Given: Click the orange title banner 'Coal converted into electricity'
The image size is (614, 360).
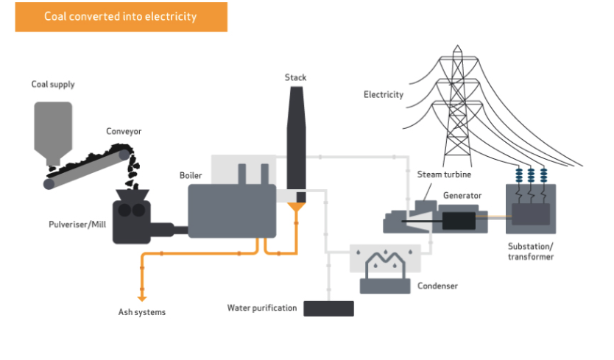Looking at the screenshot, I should [121, 16].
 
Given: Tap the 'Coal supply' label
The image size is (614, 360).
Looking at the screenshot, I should [52, 85].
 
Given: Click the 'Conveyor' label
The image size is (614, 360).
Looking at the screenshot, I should [124, 131].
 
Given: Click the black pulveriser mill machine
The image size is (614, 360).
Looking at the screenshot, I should [133, 218].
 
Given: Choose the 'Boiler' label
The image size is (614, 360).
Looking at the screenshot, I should [191, 175].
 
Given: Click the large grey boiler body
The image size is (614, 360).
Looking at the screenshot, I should [231, 211].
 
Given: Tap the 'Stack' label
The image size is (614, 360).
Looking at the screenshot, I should [295, 77].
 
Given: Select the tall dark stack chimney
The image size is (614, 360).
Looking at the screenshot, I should [295, 140].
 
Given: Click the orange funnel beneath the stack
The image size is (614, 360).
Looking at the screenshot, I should [296, 211].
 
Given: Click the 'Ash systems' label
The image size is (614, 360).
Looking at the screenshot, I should [142, 312].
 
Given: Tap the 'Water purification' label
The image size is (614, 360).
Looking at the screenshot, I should [261, 308].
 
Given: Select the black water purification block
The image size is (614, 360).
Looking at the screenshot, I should [328, 308].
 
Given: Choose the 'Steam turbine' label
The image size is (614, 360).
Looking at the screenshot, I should [444, 174].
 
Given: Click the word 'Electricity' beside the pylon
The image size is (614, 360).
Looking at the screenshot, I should [384, 94].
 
